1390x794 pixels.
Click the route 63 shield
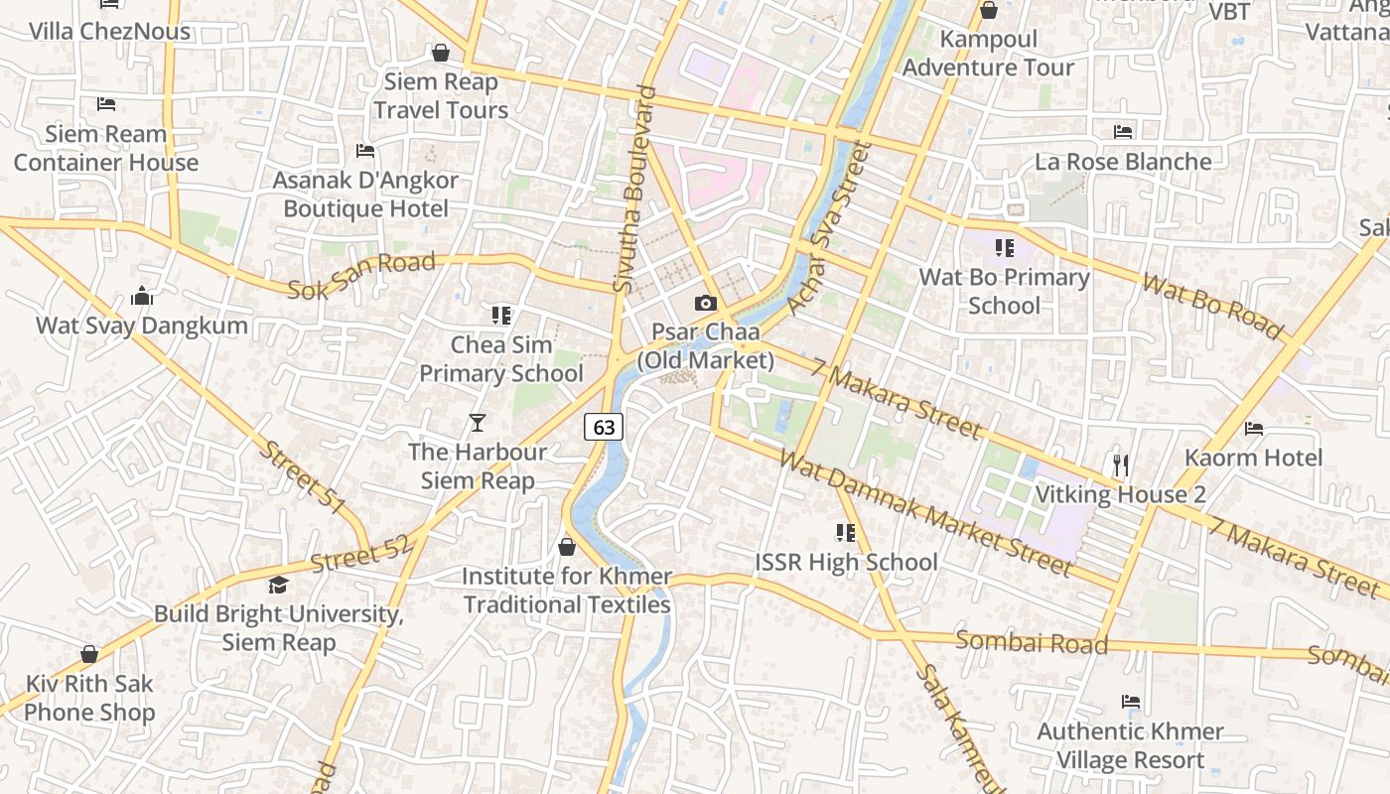pos(604,427)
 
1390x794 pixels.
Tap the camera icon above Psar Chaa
pos(706,303)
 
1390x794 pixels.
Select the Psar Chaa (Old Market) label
pos(706,346)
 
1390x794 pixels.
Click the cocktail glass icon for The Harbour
pos(478,423)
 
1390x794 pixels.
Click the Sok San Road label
pos(361,276)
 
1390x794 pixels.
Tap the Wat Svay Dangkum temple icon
pos(142,296)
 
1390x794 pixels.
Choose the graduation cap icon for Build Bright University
pos(278,585)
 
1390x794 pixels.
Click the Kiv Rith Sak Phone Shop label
pos(89,698)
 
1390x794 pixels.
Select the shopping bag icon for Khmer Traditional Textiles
pos(567,547)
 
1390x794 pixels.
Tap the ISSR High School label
pos(846,562)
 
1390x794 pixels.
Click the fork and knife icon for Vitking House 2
pos(1121,464)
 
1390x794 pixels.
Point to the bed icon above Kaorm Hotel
pos(1254,428)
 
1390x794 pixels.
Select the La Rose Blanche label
pos(1123,161)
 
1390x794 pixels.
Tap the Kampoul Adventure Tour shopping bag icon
pos(988,11)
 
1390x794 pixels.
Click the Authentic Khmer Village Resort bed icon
pos(1130,702)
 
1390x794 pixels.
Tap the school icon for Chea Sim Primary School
pos(501,316)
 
